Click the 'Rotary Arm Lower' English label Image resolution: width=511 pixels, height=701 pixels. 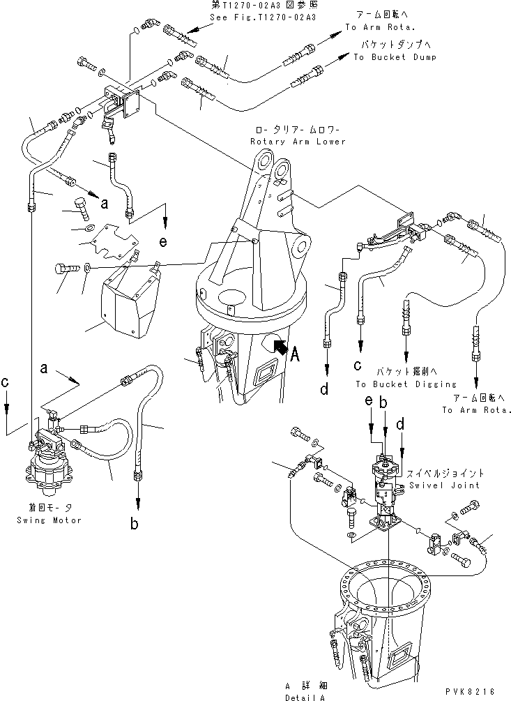301,142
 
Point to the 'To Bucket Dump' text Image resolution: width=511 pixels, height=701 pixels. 395,57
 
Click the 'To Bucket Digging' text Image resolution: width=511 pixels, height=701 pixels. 396,384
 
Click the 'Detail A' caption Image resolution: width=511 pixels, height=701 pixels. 303,697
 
